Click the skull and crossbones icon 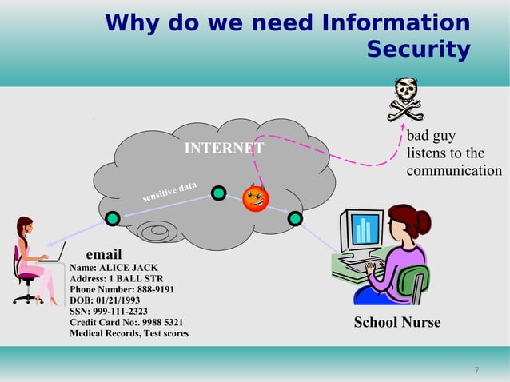[x=405, y=98]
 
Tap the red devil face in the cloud [x=256, y=197]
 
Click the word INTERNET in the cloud [x=224, y=149]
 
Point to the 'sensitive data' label [x=169, y=192]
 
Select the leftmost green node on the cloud [x=113, y=217]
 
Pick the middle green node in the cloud [x=218, y=193]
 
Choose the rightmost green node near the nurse [x=295, y=217]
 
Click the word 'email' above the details [x=103, y=255]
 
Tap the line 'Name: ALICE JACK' [x=114, y=268]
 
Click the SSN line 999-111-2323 [x=109, y=311]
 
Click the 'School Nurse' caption [x=397, y=323]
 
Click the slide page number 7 [x=476, y=370]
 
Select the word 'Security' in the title [x=418, y=50]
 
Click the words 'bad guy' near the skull [x=431, y=137]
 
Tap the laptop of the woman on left [x=54, y=255]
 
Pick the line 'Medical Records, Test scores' [x=129, y=333]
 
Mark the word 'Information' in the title [x=395, y=22]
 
